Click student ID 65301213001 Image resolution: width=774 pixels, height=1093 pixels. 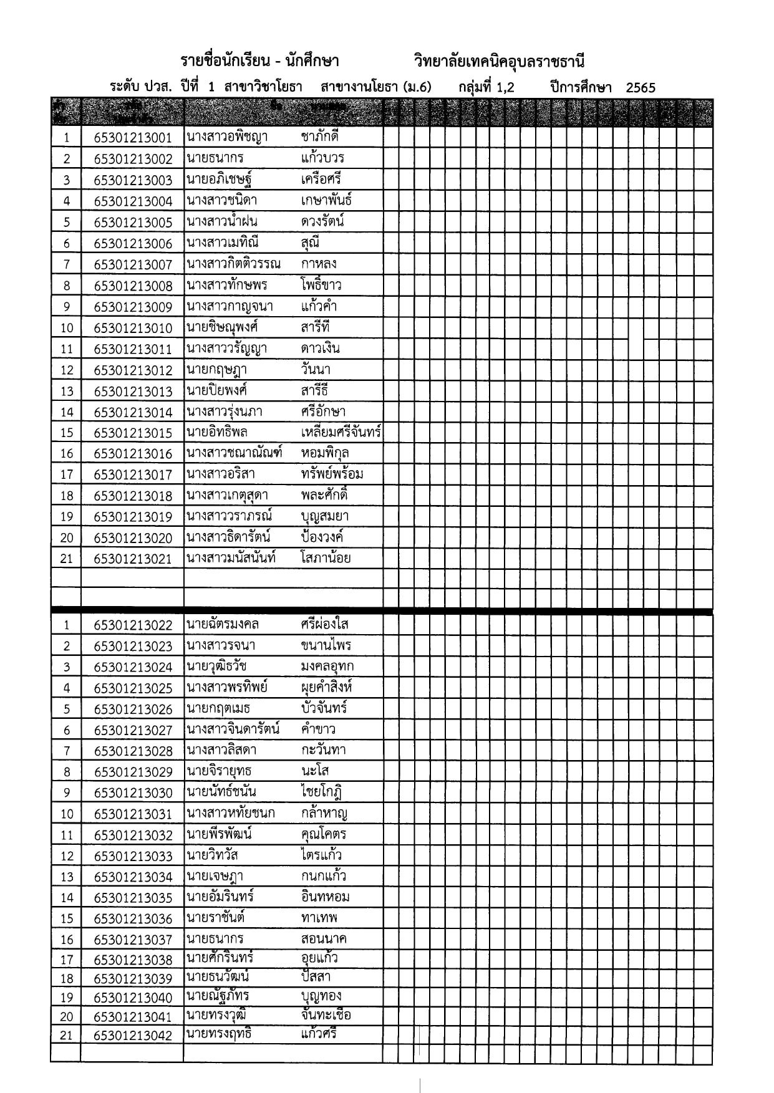[133, 138]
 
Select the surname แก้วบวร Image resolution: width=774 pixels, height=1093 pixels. [322, 158]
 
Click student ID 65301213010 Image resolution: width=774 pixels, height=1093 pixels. [133, 328]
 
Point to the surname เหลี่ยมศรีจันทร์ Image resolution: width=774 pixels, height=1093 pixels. [341, 432]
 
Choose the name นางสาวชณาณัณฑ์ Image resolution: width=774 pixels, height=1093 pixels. [234, 453]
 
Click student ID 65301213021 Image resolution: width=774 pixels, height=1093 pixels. [133, 559]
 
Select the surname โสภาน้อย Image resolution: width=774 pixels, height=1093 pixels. [325, 558]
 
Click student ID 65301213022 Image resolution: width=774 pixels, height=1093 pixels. [133, 625]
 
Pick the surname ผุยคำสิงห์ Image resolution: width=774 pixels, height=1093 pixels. [326, 688]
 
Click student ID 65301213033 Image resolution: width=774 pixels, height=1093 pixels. [133, 856]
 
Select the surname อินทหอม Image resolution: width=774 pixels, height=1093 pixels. [324, 897]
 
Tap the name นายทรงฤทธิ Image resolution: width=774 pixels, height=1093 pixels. [218, 1034]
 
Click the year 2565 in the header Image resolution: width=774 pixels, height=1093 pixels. [641, 88]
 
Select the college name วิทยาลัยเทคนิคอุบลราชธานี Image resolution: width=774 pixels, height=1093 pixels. [499, 61]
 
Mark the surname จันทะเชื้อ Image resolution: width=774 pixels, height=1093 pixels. [325, 1015]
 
